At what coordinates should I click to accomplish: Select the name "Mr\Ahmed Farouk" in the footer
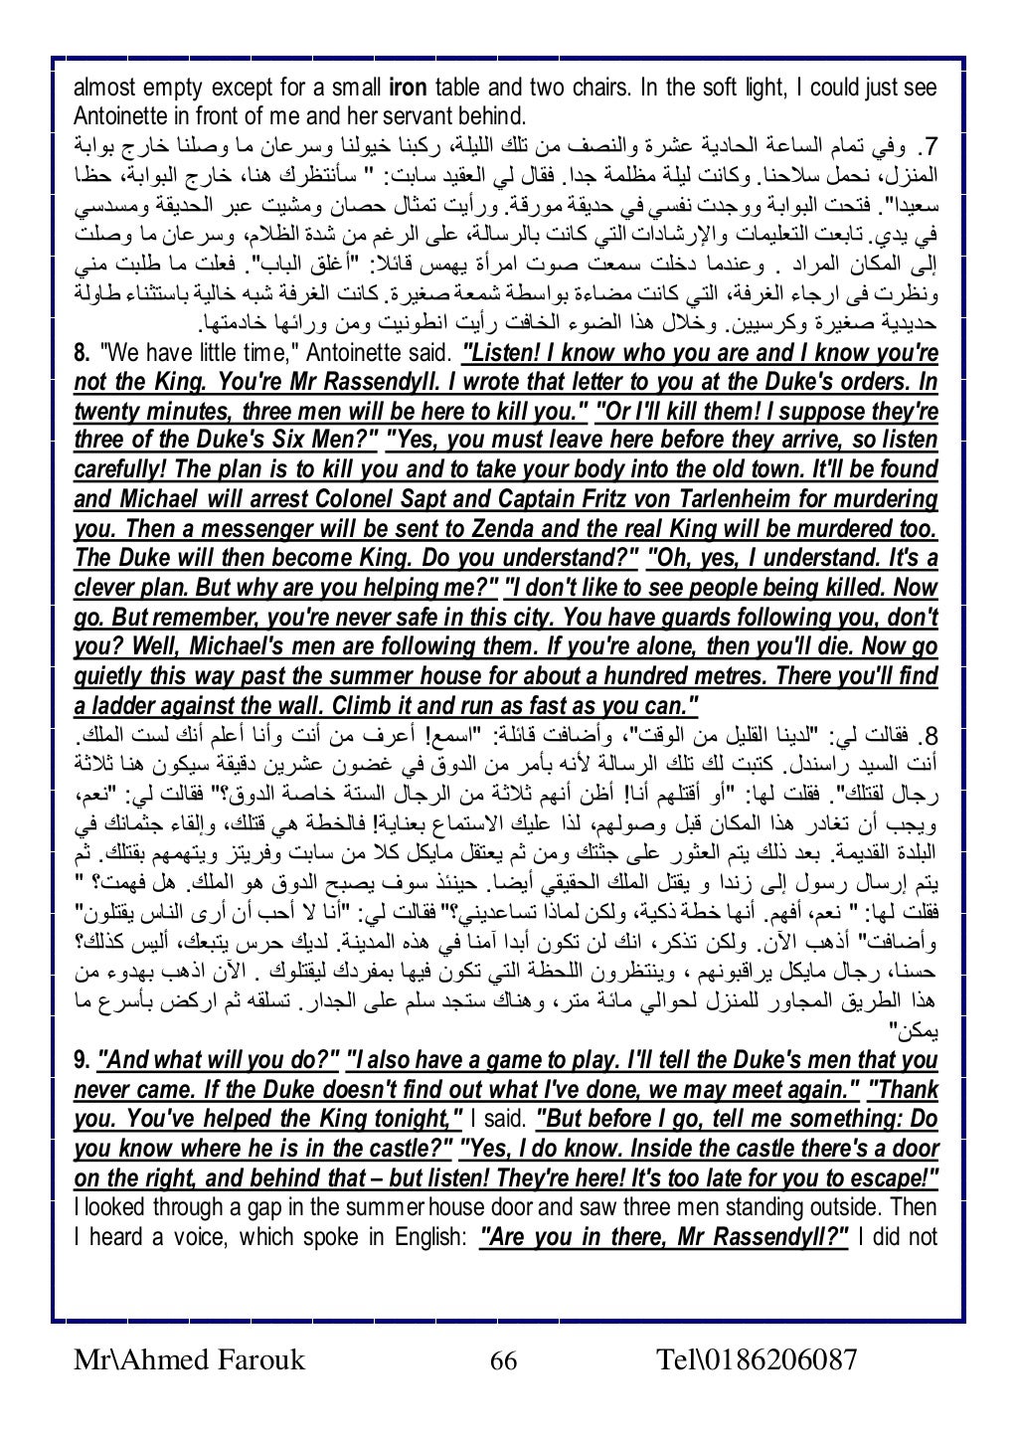point(190,1359)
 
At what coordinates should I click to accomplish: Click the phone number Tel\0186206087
point(757,1359)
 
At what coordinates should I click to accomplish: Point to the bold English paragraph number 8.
point(83,353)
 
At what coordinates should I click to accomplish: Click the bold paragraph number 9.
point(83,1061)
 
